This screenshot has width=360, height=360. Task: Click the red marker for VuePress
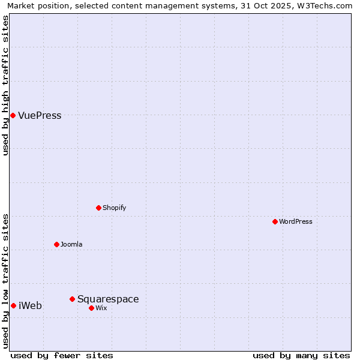[x=13, y=115]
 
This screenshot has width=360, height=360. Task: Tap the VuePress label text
[x=40, y=116]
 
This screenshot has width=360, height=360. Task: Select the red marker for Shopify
[x=98, y=208]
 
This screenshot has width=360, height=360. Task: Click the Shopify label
[x=114, y=208]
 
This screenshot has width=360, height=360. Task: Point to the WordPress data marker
[x=275, y=221]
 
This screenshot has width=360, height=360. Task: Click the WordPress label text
[x=295, y=222]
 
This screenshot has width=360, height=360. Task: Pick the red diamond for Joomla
[x=56, y=244]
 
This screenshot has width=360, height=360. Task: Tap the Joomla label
[x=71, y=245]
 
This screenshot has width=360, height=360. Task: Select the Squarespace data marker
[x=72, y=299]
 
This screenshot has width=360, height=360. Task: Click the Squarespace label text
[x=108, y=299]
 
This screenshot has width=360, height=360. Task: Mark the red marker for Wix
[x=91, y=308]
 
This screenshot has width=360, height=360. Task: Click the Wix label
[x=101, y=308]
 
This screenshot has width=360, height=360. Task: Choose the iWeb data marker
[x=13, y=305]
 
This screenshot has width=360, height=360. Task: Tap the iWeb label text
[x=30, y=306]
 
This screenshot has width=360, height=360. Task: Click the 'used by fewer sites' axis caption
[x=62, y=355]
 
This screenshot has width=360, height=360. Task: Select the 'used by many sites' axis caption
[x=301, y=355]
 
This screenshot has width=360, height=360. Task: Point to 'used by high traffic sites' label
[x=5, y=85]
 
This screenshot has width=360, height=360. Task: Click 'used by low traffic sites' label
[x=5, y=280]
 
